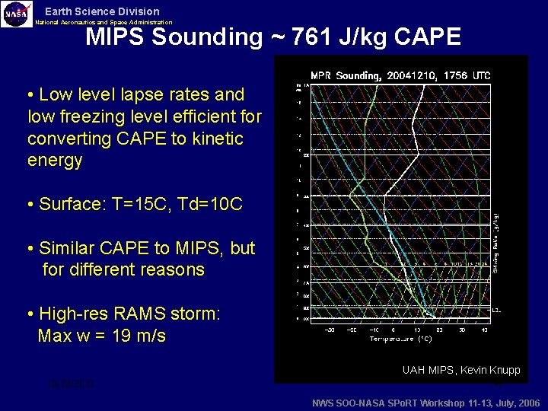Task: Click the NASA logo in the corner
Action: (17, 14)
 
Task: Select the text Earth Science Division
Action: (102, 11)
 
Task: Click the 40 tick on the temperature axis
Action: (484, 330)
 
